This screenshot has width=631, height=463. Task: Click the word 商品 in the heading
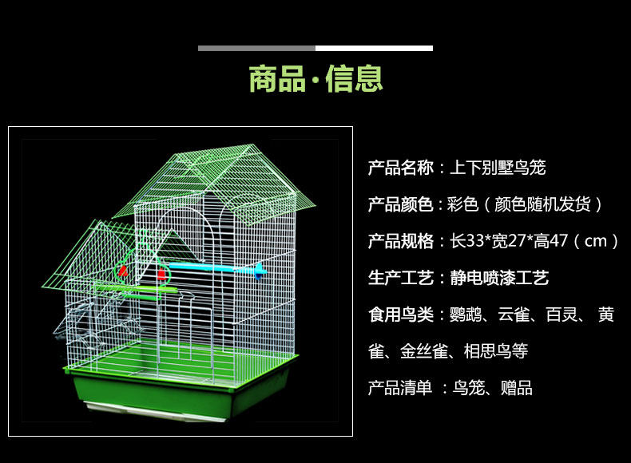276,80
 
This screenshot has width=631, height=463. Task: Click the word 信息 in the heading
354,80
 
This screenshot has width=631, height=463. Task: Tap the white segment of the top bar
374,48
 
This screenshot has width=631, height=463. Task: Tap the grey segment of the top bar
256,48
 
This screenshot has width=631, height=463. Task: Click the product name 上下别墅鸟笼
498,168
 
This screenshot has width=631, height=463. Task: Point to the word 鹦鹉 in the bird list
466,315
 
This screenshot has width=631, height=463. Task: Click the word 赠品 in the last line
516,388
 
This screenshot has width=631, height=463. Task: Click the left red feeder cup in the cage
123,271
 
